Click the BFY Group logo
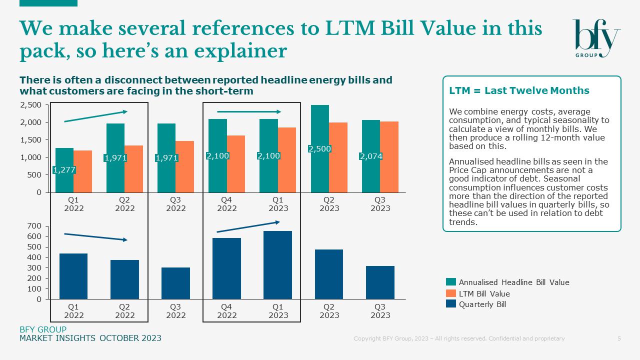pos(595,38)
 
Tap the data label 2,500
pos(319,149)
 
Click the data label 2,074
pos(370,156)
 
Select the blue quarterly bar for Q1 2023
pos(277,265)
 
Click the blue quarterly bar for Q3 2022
pos(175,283)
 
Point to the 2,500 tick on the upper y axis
pos(31,105)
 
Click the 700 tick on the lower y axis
pos(34,226)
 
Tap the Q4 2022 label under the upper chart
pos(226,204)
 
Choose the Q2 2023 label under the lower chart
pos(329,311)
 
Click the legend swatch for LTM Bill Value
pos(450,293)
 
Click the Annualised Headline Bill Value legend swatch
pos(450,282)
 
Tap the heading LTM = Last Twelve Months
pos(519,90)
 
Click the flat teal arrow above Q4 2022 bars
pos(249,112)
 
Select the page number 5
pos(619,338)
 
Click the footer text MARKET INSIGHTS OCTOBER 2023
pos(90,338)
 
